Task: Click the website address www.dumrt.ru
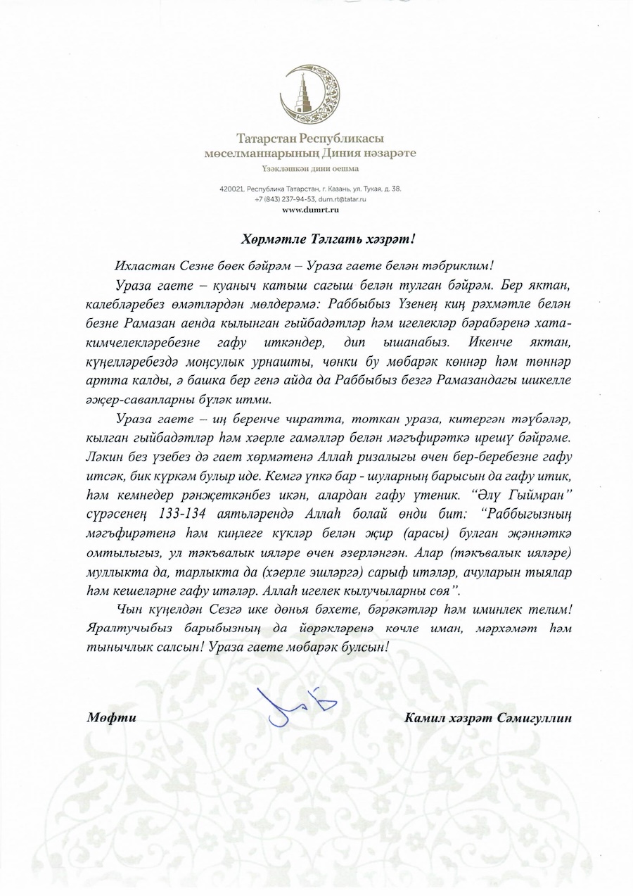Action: pos(311,210)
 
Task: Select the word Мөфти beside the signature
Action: pos(111,718)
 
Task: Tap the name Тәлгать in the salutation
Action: pos(325,239)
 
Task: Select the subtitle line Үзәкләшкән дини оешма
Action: pos(310,168)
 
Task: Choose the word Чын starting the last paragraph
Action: pos(127,607)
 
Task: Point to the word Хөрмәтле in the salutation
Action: pos(269,239)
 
